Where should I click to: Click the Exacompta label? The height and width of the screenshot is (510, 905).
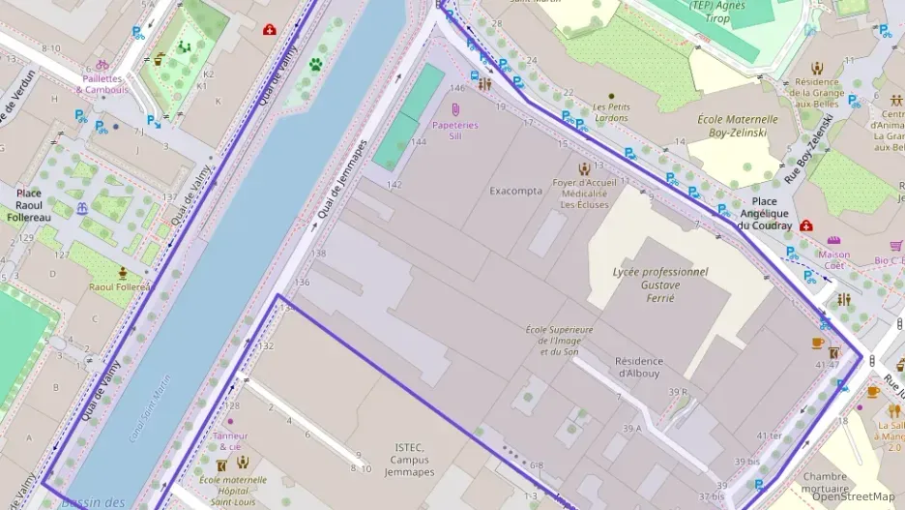(515, 190)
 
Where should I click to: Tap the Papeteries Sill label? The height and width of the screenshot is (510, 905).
(454, 131)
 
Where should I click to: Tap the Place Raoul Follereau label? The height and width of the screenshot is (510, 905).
(28, 204)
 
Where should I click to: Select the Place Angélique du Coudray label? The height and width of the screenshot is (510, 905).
(764, 219)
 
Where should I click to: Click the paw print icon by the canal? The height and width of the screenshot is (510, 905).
(315, 66)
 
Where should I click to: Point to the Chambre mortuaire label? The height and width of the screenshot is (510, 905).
(824, 482)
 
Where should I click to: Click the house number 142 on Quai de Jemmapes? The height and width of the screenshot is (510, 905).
(394, 184)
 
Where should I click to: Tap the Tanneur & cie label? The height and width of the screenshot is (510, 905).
(230, 440)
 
